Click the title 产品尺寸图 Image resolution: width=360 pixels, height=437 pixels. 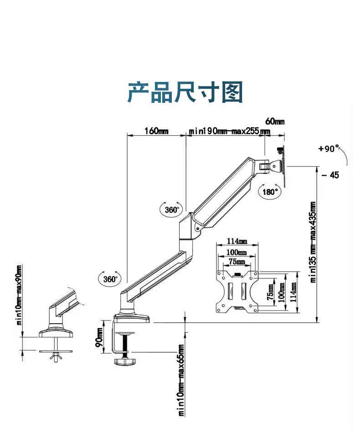185,92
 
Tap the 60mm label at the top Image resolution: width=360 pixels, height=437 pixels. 275,121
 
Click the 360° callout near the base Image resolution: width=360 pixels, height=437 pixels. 109,279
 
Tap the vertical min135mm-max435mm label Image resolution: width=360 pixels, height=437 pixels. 313,242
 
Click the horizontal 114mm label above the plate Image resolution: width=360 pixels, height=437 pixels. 237,241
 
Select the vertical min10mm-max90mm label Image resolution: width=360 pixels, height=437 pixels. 19,294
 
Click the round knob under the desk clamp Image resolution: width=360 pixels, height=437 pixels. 125,361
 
